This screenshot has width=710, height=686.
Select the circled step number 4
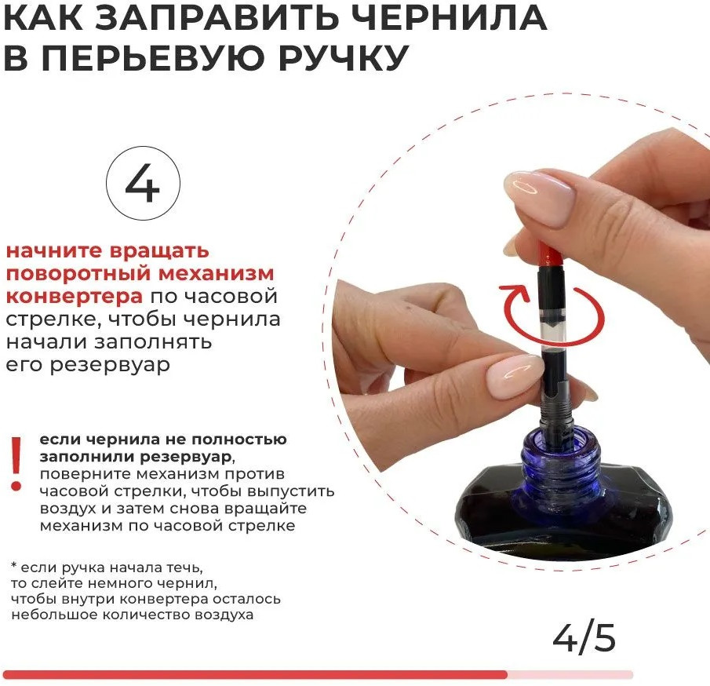click(x=143, y=183)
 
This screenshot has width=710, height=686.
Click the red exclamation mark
click(x=16, y=464)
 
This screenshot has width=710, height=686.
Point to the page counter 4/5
click(x=584, y=638)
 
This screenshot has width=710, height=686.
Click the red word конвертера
click(x=75, y=297)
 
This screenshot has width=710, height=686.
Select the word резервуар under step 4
click(x=110, y=365)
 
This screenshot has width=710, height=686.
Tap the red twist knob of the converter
click(x=551, y=257)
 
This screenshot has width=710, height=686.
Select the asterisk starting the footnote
click(x=14, y=565)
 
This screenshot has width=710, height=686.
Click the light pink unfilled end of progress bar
click(x=570, y=675)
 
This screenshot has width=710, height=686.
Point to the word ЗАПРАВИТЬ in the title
click(x=217, y=17)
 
